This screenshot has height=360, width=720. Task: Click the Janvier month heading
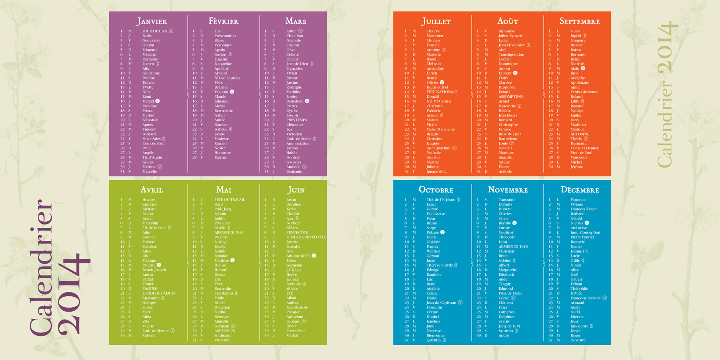pyautogui.click(x=152, y=21)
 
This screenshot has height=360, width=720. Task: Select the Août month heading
pyautogui.click(x=508, y=21)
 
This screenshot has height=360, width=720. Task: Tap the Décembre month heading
pyautogui.click(x=579, y=190)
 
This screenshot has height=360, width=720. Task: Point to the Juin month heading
pyautogui.click(x=296, y=190)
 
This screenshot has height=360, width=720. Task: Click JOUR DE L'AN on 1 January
pyautogui.click(x=154, y=31)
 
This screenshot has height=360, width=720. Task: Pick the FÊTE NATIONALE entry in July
pyautogui.click(x=442, y=92)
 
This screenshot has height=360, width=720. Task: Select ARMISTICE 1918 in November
pyautogui.click(x=513, y=247)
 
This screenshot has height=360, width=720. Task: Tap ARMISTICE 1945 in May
pyautogui.click(x=229, y=233)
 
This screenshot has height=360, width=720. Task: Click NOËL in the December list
pyautogui.click(x=576, y=312)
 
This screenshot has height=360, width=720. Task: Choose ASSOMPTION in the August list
pyautogui.click(x=511, y=96)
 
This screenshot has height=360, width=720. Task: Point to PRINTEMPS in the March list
pyautogui.click(x=296, y=120)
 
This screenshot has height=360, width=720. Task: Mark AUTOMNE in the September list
pyautogui.click(x=579, y=134)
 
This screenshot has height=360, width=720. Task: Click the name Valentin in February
pyautogui.click(x=221, y=92)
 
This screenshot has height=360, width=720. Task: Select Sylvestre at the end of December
pyautogui.click(x=578, y=340)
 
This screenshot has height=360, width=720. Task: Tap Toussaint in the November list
pyautogui.click(x=507, y=200)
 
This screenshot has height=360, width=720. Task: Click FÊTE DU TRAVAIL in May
pyautogui.click(x=230, y=200)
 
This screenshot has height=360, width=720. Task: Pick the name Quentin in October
pyautogui.click(x=433, y=340)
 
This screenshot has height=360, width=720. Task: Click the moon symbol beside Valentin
pyautogui.click(x=232, y=92)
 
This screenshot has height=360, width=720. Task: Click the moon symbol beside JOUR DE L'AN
pyautogui.click(x=171, y=31)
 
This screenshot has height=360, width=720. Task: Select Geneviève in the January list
pyautogui.click(x=151, y=41)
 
